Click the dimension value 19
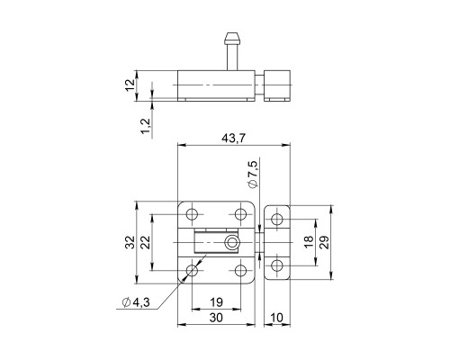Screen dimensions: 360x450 point(217,303)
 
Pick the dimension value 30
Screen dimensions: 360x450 point(217,319)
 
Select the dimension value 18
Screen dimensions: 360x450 point(309,241)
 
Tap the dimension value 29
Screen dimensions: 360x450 point(325,241)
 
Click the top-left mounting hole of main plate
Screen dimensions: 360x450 point(193,214)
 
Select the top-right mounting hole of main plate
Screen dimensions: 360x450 point(240,214)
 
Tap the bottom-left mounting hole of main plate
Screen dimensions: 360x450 point(193,269)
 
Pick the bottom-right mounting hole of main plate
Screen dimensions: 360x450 point(240,269)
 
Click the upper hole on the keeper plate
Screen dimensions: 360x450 point(279,219)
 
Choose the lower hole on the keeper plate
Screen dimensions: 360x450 point(279,265)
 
